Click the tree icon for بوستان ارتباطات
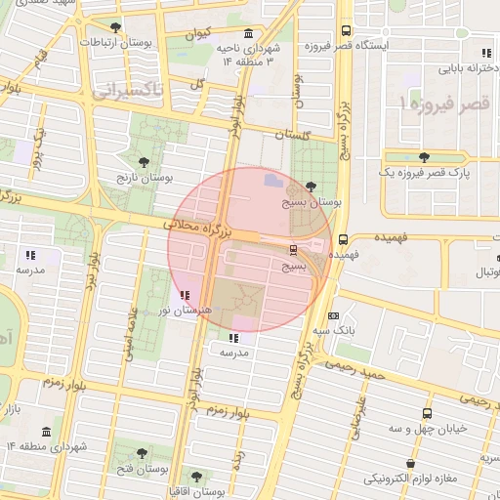pos(117,27)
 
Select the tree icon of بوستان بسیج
pos(312,187)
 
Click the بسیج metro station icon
pos(293,250)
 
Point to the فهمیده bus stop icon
pos(342,239)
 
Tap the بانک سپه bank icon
pos(335,316)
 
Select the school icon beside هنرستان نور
pos(185,294)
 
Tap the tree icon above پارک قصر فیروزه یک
pos(424,156)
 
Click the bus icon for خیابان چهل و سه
pos(426,413)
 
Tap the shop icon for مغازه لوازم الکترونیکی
pos(408,464)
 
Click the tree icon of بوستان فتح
pos(143,453)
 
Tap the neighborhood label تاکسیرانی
pos(136,91)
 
